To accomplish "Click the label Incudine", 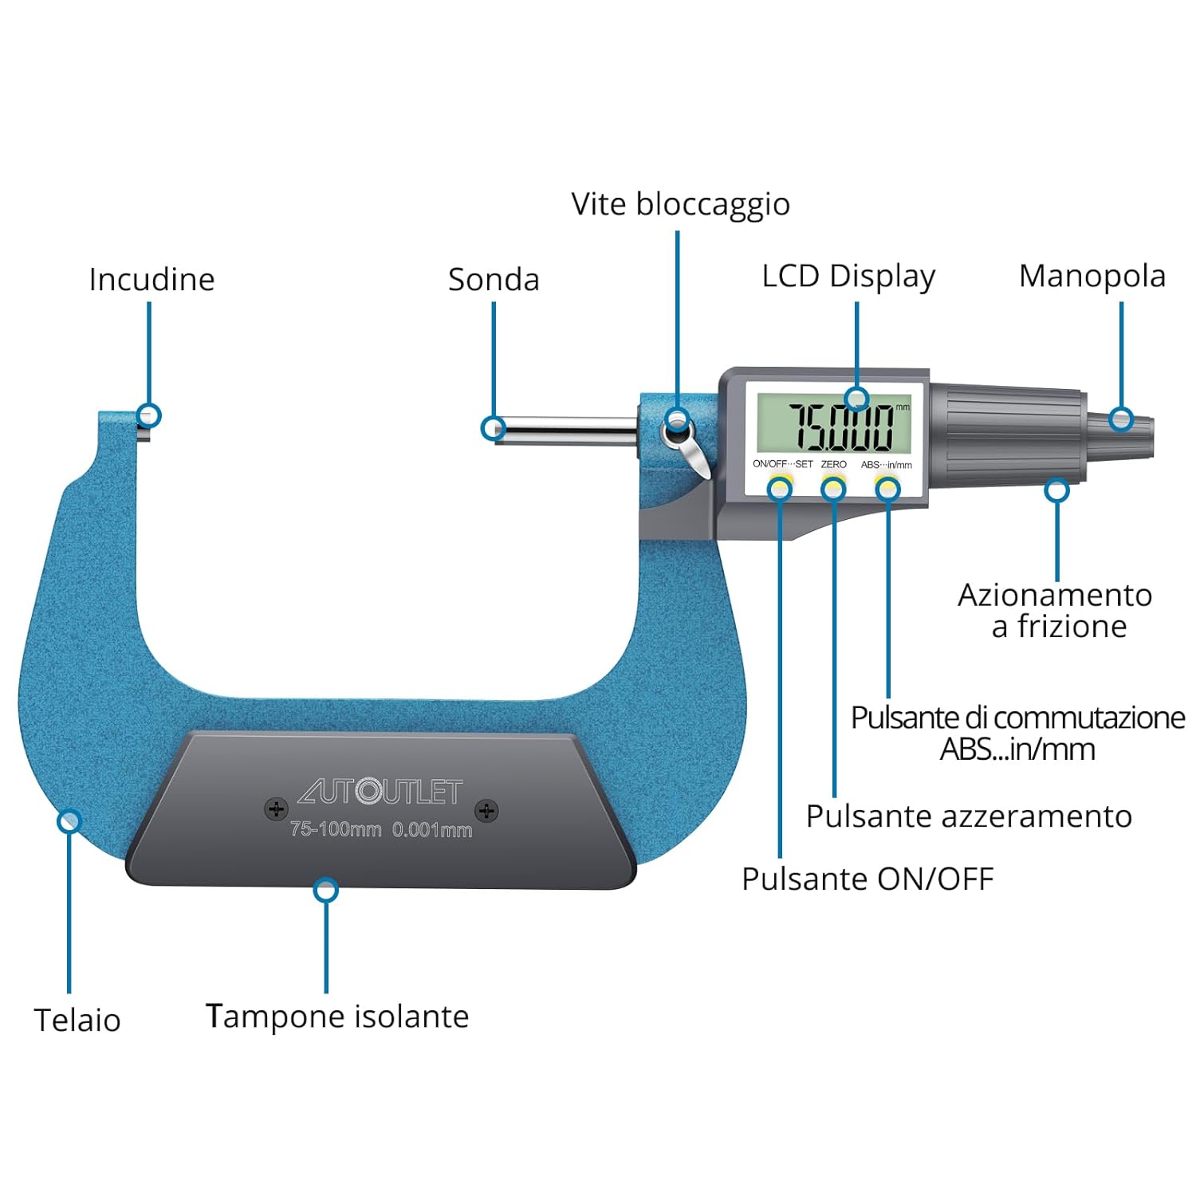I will tap(151, 280).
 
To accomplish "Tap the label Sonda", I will tap(494, 280).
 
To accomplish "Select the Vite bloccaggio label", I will tap(680, 204).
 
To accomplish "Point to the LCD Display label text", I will tap(848, 277).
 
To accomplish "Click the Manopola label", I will tap(1092, 277).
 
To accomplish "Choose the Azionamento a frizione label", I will tap(1056, 611).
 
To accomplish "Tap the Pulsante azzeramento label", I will tap(969, 816).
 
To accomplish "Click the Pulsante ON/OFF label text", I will tap(867, 879).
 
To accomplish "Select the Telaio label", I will tap(77, 1020).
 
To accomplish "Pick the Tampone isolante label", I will tap(337, 1017).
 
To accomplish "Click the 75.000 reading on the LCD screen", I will tap(841, 427).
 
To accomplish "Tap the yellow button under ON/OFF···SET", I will tap(781, 484).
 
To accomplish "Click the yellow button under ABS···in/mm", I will tap(887, 484).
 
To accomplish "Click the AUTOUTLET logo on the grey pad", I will tap(380, 790).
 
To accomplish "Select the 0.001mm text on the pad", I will tap(432, 829).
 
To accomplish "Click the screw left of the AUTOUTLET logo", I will tap(276, 809).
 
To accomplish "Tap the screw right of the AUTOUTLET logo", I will tap(486, 811).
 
